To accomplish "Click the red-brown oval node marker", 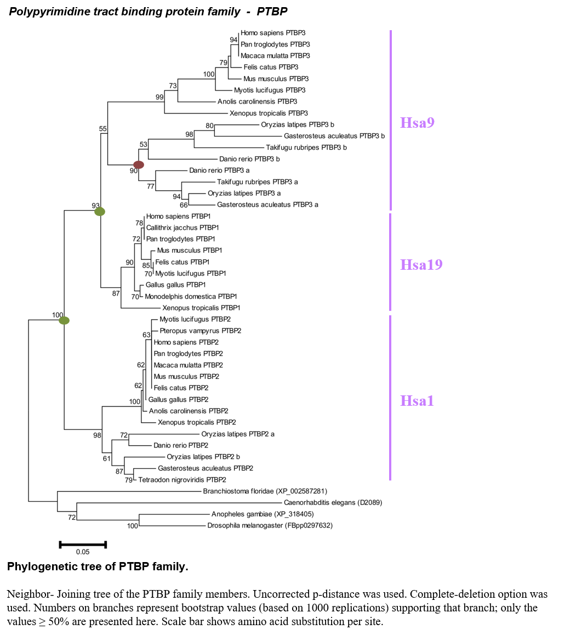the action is click(139, 165).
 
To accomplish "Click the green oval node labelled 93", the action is click(100, 212).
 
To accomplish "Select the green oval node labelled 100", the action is click(64, 321).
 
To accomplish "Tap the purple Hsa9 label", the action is click(417, 123).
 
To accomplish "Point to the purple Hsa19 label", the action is click(421, 264).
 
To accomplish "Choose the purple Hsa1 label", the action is click(417, 400).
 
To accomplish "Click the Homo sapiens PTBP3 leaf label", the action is click(273, 33).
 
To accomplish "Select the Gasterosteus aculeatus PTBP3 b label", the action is click(334, 136).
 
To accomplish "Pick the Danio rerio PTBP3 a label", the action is click(219, 171).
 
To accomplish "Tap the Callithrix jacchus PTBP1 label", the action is click(183, 228).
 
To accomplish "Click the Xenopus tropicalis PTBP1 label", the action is click(201, 308).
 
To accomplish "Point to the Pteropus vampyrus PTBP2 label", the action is click(201, 331).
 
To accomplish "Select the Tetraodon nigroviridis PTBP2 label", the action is click(182, 480).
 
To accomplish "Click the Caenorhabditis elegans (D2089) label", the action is click(333, 503).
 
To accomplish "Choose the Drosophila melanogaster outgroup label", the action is click(270, 526).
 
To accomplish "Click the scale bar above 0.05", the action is click(83, 545).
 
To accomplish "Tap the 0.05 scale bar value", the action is click(83, 552).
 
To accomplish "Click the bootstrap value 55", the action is click(103, 129).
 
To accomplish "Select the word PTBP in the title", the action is click(272, 12).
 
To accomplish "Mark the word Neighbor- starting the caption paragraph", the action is click(30, 594).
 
